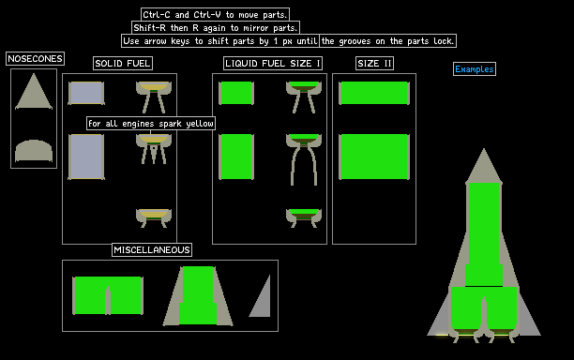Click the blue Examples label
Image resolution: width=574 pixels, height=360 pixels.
coord(475,68)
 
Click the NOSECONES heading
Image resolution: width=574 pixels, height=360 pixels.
coord(35,58)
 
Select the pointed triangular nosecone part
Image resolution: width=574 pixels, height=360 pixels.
coord(34,92)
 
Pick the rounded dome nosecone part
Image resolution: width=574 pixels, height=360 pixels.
coord(34,150)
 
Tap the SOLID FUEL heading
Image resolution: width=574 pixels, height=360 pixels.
coord(123,64)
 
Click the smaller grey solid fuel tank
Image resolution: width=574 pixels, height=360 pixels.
coord(86,93)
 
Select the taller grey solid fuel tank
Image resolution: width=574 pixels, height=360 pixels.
coord(86,157)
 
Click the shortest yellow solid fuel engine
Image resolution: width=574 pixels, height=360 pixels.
coord(154,218)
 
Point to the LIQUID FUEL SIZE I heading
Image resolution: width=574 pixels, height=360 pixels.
coord(273,64)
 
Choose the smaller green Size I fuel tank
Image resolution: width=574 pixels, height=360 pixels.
coord(236,93)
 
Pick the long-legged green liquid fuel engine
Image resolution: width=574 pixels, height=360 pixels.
coord(304,159)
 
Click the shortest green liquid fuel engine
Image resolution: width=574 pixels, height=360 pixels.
coord(304,218)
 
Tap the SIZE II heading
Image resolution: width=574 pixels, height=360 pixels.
coord(374,64)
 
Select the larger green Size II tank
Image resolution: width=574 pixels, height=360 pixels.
coord(374,157)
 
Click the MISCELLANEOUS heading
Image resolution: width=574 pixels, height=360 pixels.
coord(152,250)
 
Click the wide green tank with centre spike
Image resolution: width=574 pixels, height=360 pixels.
coord(108,295)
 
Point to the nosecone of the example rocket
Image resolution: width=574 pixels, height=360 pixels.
coord(484,166)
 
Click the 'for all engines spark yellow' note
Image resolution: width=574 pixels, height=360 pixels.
coord(151,124)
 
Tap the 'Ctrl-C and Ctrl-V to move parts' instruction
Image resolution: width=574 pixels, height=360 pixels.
coord(216,15)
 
